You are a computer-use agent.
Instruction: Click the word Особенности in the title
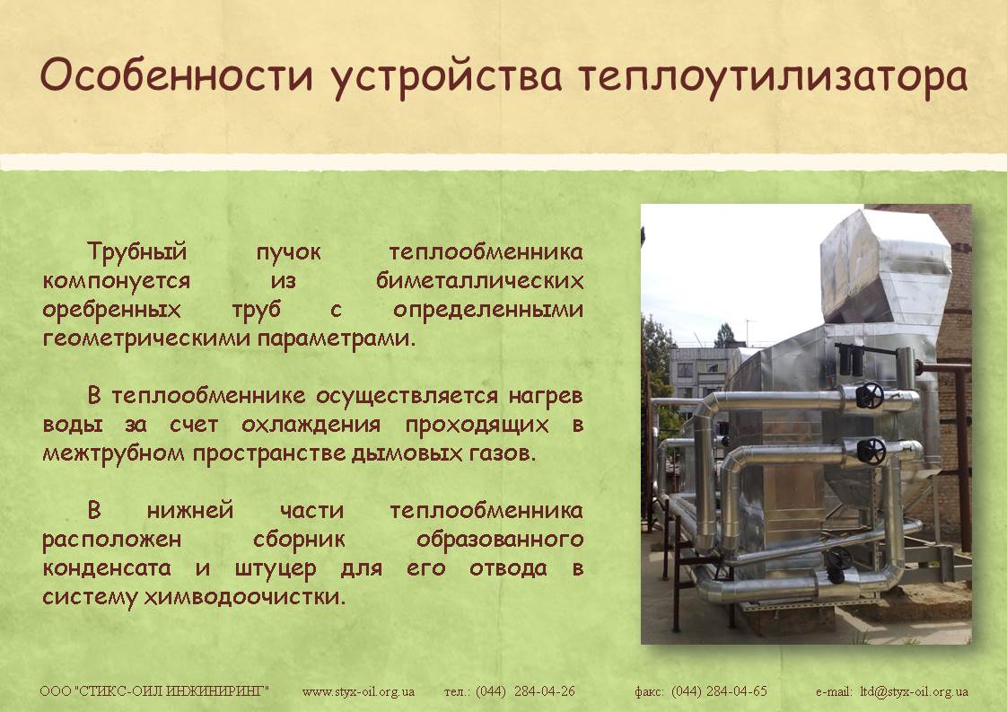[177, 75]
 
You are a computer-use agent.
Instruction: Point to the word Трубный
[136, 252]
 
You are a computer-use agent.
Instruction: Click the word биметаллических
[480, 281]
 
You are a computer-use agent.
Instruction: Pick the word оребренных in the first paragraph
[112, 311]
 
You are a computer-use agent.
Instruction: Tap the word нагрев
[546, 396]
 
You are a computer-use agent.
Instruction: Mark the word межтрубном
[112, 453]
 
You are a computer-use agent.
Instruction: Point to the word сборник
[299, 539]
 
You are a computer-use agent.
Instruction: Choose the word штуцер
[276, 568]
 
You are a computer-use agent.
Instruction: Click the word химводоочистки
[245, 597]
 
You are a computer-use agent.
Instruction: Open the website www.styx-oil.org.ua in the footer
[358, 692]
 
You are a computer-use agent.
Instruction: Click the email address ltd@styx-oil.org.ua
[914, 692]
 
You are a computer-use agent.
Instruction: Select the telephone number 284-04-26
[545, 691]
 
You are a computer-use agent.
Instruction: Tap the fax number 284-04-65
[737, 691]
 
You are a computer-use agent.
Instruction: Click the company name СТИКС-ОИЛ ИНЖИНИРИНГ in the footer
[171, 691]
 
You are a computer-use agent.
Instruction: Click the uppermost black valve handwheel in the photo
[870, 395]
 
